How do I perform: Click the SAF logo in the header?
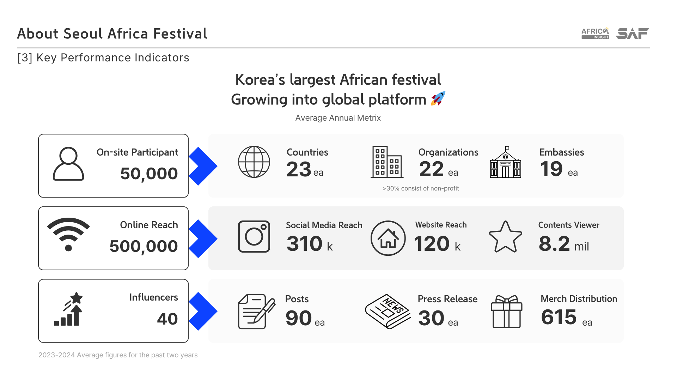(x=632, y=33)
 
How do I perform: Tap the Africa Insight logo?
(x=595, y=33)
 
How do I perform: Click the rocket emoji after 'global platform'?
(x=438, y=98)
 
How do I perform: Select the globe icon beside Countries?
(x=254, y=162)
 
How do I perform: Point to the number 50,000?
(x=149, y=174)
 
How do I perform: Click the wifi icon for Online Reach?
(x=68, y=234)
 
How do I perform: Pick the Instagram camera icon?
(x=254, y=236)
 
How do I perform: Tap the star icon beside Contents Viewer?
(x=505, y=237)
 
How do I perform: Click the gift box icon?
(x=507, y=312)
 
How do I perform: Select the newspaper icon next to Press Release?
(x=388, y=312)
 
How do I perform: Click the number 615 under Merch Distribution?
(x=559, y=317)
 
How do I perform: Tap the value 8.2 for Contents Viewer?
(x=554, y=244)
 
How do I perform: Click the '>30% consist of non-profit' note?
(x=421, y=188)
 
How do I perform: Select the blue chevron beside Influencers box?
(x=203, y=311)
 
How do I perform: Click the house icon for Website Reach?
(x=388, y=238)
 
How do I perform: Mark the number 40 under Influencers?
(x=167, y=319)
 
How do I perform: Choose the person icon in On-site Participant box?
(x=68, y=164)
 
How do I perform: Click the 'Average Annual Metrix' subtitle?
(x=338, y=118)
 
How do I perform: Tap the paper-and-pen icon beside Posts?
(x=256, y=312)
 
